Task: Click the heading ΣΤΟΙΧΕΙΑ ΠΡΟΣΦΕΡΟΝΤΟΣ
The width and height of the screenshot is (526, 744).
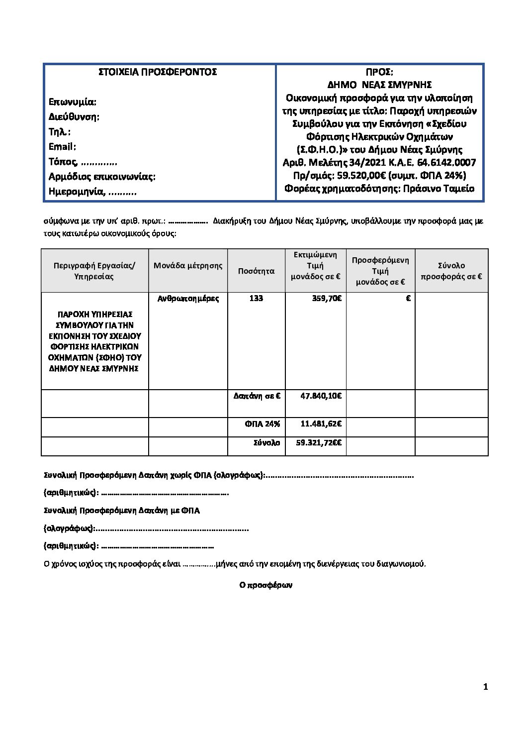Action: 158,72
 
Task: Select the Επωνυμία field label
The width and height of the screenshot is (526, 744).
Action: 73,102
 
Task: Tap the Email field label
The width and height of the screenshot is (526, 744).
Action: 62,147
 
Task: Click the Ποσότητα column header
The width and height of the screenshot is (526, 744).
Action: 256,271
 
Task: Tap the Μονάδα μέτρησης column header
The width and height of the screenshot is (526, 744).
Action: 188,266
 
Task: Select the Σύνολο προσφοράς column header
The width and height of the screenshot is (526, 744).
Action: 451,271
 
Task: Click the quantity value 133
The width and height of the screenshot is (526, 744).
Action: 256,298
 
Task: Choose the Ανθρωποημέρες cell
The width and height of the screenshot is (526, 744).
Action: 188,298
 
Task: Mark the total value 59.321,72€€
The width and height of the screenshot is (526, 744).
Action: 321,442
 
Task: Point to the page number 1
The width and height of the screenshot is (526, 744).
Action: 485,687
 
